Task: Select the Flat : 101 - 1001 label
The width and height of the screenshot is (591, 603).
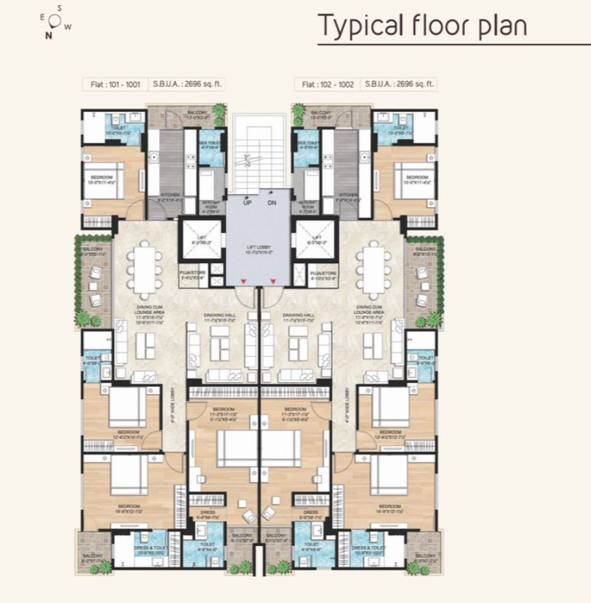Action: pyautogui.click(x=114, y=84)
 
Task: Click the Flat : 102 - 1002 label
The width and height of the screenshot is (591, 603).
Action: pyautogui.click(x=326, y=84)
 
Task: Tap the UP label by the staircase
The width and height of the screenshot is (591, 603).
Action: pyautogui.click(x=247, y=203)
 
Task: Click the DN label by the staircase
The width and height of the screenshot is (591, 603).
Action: pyautogui.click(x=272, y=203)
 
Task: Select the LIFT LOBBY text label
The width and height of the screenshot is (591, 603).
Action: pyautogui.click(x=260, y=248)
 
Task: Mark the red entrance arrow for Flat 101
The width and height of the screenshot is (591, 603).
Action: pyautogui.click(x=243, y=281)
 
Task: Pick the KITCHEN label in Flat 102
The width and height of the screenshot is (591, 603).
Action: pyautogui.click(x=348, y=195)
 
